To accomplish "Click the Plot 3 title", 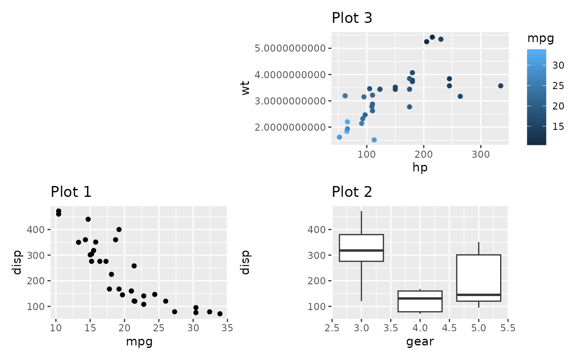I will click(x=352, y=18).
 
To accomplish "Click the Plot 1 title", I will click(x=71, y=192).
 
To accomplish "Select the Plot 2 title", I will click(x=352, y=192).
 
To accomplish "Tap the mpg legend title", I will click(x=541, y=39).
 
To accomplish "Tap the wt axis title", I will click(x=246, y=88).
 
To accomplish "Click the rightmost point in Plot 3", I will click(x=501, y=86).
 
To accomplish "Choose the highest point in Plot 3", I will click(x=432, y=37).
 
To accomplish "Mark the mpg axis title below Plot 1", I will click(x=139, y=342).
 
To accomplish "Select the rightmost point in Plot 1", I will click(x=220, y=314).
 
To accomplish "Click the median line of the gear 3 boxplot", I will click(x=361, y=250).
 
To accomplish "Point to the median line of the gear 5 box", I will click(x=478, y=295).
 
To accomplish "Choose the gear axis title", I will click(x=420, y=342).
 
